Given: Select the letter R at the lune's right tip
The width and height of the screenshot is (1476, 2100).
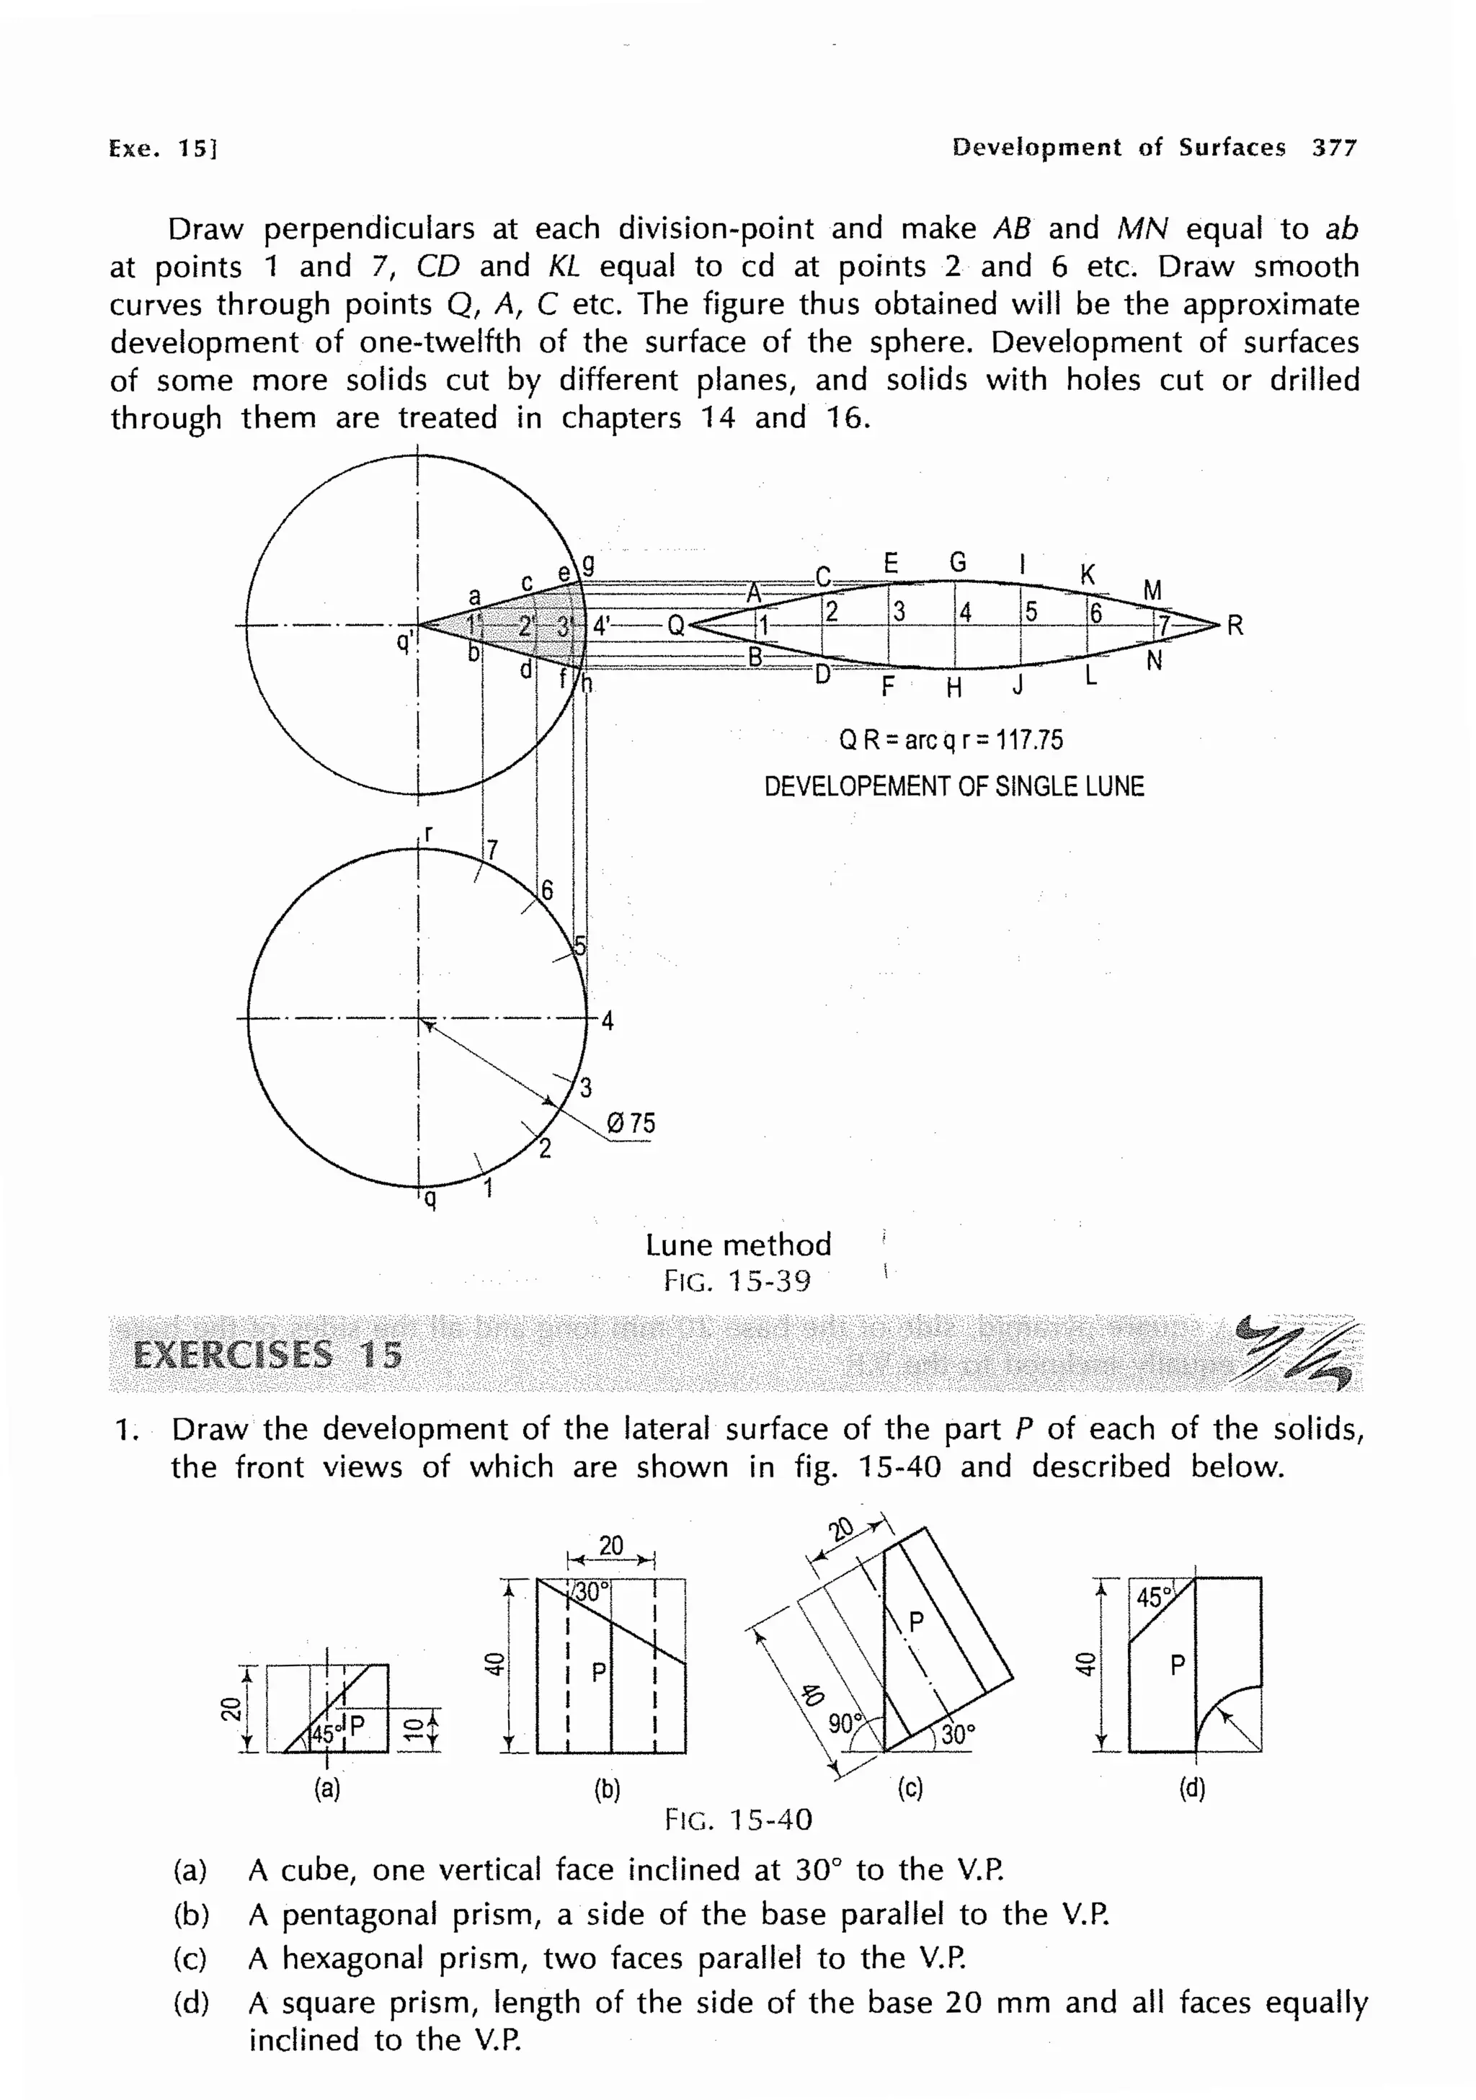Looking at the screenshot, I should tap(1235, 626).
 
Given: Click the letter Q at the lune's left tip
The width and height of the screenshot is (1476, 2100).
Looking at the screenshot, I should tap(676, 626).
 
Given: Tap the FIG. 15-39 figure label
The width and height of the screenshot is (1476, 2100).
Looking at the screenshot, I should tap(737, 1281).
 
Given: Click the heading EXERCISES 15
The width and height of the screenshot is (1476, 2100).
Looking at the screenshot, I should tap(267, 1355).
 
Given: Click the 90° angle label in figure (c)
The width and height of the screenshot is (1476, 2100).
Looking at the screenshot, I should tap(845, 1724).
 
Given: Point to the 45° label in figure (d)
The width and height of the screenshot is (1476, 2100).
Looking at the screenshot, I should tap(1154, 1598).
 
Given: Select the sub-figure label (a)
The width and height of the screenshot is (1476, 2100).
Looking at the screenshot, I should tap(326, 1789).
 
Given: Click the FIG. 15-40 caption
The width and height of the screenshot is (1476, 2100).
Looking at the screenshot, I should tap(738, 1820).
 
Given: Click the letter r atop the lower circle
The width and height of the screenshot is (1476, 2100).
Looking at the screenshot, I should tap(427, 833).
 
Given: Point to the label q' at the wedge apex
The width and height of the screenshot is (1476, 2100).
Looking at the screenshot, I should tap(404, 643).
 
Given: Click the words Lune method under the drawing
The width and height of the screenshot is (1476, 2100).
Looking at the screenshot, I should tap(738, 1245).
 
